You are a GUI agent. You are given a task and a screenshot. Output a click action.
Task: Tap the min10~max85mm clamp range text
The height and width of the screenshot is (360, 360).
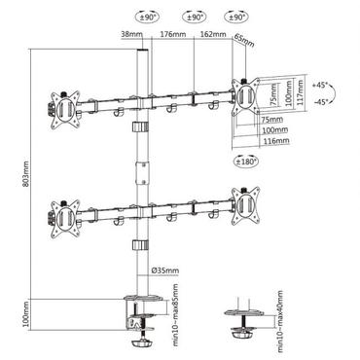pos(172,311)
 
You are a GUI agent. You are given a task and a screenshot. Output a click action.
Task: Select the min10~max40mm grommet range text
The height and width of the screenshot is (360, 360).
pos(281,318)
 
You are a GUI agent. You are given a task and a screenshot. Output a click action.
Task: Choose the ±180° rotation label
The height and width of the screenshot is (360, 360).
pos(244,161)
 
